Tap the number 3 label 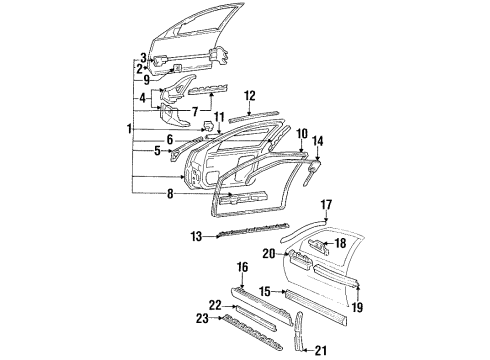pyautogui.click(x=143, y=58)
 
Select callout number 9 pyautogui.click(x=145, y=80)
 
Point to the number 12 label pyautogui.click(x=251, y=95)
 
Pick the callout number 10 pyautogui.click(x=302, y=132)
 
